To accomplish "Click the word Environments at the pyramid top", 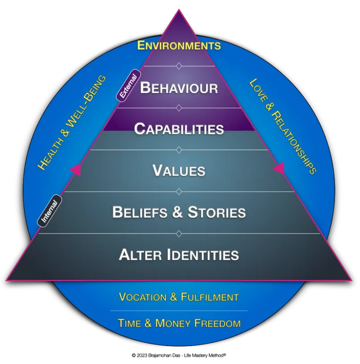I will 179,45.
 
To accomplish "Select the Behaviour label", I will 179,87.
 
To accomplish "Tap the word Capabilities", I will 179,129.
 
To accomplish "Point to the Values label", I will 179,171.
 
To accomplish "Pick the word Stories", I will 217,212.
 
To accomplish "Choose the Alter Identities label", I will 179,255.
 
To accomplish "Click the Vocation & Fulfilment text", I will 179,297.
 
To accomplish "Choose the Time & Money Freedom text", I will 179,323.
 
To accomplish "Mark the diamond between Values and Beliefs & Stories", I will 179,192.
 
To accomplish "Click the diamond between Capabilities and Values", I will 179,150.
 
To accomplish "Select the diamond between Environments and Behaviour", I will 179,66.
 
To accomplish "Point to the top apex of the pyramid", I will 179,10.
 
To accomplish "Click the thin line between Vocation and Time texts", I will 179,310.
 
